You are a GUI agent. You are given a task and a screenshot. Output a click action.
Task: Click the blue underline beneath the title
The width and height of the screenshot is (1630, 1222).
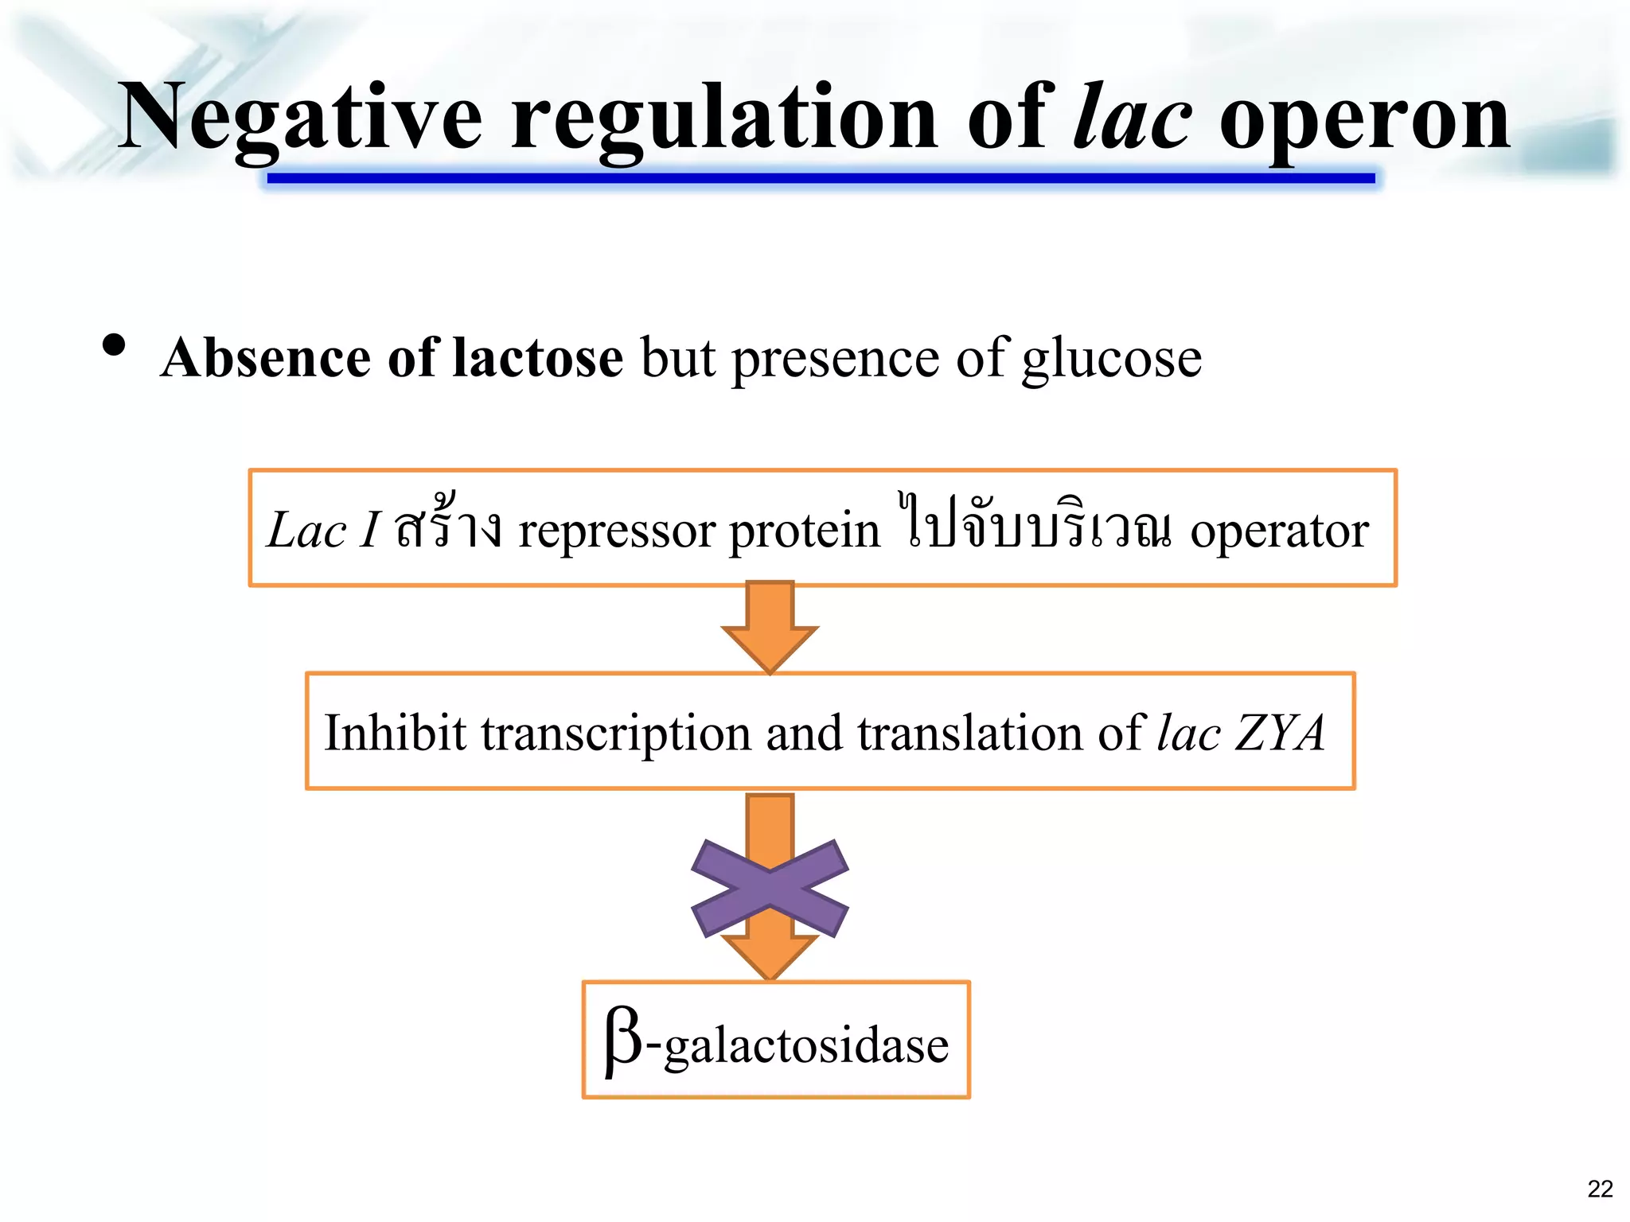click(x=820, y=178)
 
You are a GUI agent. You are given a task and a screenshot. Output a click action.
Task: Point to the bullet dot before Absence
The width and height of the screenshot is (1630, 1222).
click(x=115, y=345)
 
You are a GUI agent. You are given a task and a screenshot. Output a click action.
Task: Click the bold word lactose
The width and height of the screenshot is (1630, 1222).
click(x=537, y=358)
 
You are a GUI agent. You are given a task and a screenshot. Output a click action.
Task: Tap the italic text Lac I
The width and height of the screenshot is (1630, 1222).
click(x=322, y=530)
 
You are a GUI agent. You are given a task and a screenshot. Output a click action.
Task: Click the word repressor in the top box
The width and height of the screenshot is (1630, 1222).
click(x=617, y=531)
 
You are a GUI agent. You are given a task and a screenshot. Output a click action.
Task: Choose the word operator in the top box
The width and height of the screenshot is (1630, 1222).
click(x=1279, y=531)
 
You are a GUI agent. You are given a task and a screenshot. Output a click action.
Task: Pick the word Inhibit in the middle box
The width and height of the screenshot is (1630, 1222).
click(x=395, y=732)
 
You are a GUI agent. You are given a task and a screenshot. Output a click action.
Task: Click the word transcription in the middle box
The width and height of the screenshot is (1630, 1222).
click(x=616, y=734)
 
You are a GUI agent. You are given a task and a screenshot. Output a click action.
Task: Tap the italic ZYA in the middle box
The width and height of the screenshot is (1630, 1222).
click(x=1279, y=732)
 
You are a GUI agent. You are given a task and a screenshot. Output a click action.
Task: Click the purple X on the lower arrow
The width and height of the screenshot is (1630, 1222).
click(x=770, y=888)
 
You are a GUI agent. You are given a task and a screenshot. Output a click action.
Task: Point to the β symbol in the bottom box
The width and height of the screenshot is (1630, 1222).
click(x=623, y=1041)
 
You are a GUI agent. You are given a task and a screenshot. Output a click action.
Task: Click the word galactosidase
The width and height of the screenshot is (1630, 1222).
click(x=806, y=1045)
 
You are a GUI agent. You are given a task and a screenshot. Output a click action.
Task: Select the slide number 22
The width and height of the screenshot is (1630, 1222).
click(x=1600, y=1189)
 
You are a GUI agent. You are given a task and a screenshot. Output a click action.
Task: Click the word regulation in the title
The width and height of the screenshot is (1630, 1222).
click(x=724, y=119)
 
